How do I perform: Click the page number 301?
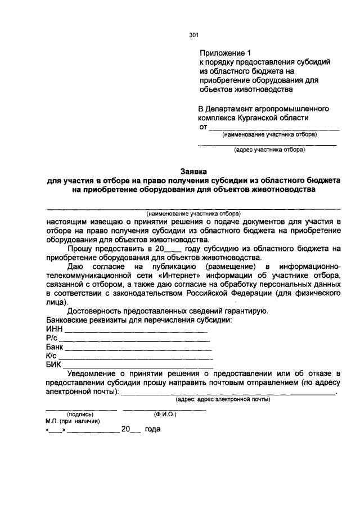click(194, 35)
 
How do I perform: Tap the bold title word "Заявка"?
click(193, 170)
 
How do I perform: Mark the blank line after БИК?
click(138, 367)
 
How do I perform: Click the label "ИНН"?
click(53, 330)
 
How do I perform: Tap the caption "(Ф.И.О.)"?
click(165, 415)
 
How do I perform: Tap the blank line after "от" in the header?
click(274, 129)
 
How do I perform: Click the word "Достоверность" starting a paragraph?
click(94, 311)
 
